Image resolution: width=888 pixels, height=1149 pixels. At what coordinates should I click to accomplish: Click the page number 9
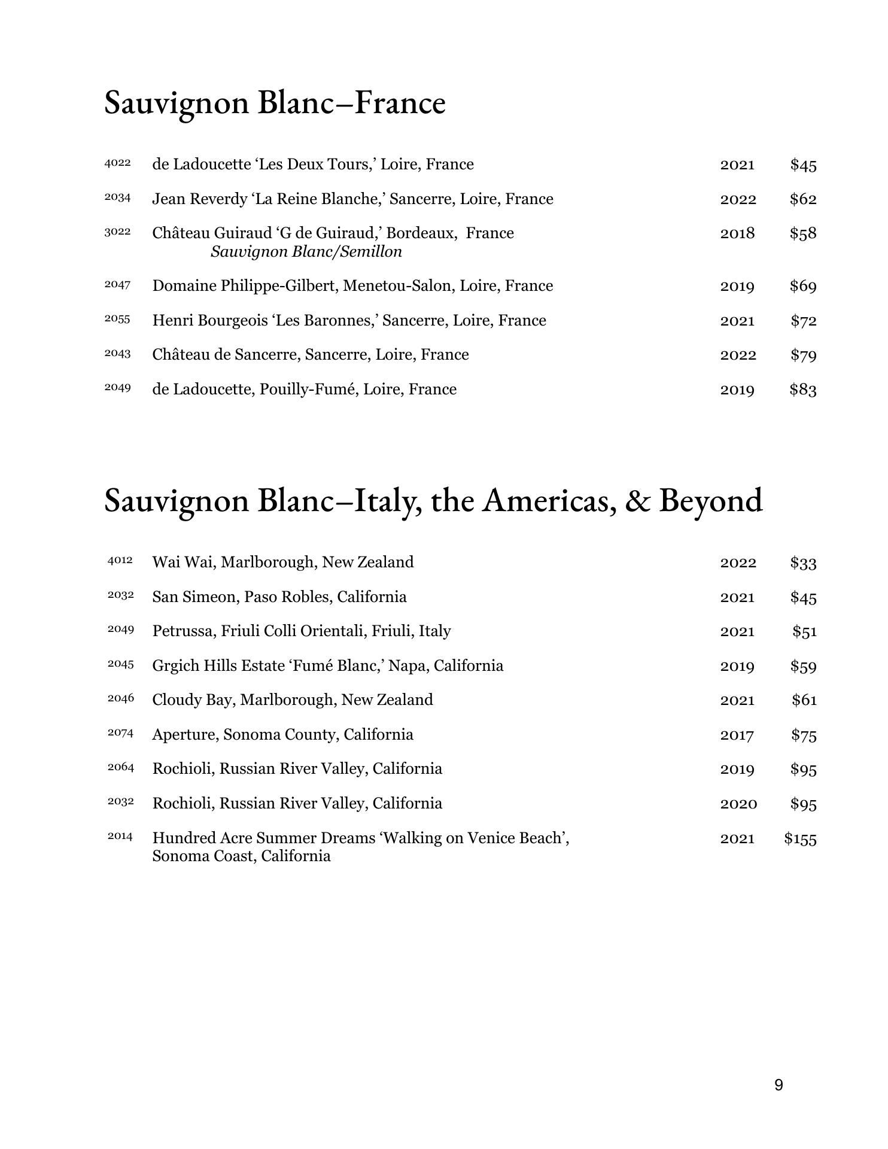pos(778,1085)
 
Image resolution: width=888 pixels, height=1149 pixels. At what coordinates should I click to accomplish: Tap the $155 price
pos(800,839)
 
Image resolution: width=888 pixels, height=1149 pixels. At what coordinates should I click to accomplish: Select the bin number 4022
pos(117,163)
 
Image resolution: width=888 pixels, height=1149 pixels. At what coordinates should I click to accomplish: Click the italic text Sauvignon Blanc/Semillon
pos(306,252)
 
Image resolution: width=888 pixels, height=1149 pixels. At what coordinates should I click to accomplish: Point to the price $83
pos(802,390)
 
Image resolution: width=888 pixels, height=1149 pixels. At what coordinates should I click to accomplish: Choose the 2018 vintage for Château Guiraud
pos(737,233)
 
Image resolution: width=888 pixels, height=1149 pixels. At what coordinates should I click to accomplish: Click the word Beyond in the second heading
pos(710,500)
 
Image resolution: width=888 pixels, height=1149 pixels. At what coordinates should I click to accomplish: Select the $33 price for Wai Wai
pos(803,563)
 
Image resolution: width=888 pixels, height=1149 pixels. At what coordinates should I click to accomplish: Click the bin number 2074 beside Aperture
pos(120,733)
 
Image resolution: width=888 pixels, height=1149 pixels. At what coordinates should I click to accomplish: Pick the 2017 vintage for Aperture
pos(737,735)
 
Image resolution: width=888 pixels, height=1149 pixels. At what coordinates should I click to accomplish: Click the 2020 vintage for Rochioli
pos(738,804)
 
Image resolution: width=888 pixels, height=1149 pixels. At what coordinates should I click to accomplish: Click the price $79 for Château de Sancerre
pos(803,355)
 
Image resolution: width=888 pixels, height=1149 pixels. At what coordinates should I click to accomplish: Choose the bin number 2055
pos(117,319)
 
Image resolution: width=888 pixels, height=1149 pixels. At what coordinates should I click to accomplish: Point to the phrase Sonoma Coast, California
pos(241,856)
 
